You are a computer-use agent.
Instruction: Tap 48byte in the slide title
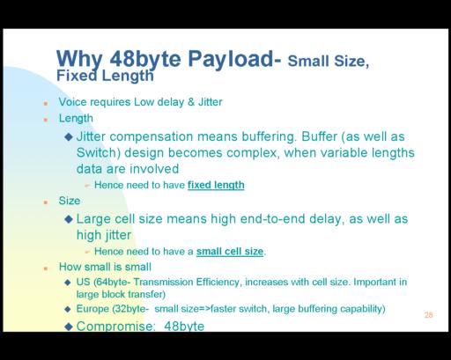[145, 60]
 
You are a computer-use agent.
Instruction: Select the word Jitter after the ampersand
[211, 102]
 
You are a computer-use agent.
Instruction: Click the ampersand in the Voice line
[191, 102]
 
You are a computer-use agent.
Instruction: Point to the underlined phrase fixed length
[216, 185]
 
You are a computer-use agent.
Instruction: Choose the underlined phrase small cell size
[230, 252]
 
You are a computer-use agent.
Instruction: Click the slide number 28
[428, 315]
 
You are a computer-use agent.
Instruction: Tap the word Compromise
[115, 326]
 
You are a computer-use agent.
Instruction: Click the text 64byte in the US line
[113, 283]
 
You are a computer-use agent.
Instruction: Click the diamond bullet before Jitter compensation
[69, 136]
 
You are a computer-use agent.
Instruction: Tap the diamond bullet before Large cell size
[69, 219]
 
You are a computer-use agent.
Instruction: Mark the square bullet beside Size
[46, 202]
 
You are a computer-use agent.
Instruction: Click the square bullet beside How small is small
[46, 268]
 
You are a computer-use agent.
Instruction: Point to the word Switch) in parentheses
[99, 153]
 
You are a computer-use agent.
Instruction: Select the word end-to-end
[272, 219]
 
